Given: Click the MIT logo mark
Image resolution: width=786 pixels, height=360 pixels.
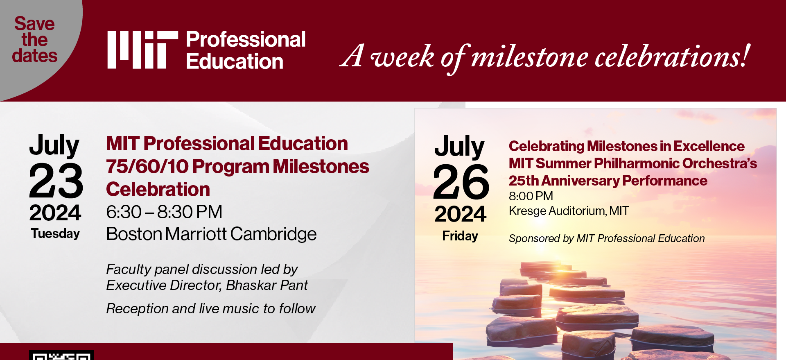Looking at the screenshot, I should click(x=142, y=50).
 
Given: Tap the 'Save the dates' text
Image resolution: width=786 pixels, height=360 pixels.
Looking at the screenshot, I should click(x=35, y=40).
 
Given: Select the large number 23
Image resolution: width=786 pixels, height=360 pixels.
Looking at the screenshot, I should click(x=56, y=181).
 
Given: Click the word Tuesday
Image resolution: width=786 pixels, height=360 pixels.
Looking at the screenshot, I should click(x=55, y=233).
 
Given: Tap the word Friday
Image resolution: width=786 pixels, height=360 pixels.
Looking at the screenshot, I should click(x=460, y=236).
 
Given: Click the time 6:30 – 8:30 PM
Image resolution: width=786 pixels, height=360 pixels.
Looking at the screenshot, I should click(x=164, y=212).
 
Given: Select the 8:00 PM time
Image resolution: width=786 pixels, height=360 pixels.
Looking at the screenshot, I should click(x=531, y=196).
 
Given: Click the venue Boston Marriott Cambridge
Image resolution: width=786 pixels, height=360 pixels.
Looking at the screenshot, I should click(x=211, y=234).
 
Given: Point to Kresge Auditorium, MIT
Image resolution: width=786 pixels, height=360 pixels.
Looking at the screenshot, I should click(x=569, y=211).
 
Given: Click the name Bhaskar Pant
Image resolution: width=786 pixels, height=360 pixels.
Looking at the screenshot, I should click(x=267, y=285).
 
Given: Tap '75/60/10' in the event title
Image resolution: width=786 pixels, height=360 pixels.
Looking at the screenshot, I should click(x=147, y=167).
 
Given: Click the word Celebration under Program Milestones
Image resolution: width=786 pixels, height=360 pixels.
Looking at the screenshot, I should click(x=158, y=190).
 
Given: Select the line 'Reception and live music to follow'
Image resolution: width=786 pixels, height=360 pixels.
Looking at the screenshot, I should click(x=211, y=308).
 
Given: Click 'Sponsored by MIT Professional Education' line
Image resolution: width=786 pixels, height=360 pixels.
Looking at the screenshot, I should click(x=607, y=238).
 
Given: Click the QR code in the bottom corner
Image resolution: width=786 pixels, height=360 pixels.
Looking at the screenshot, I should click(x=61, y=355).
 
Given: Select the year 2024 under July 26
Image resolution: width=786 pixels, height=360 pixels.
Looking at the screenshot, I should click(x=460, y=214).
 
